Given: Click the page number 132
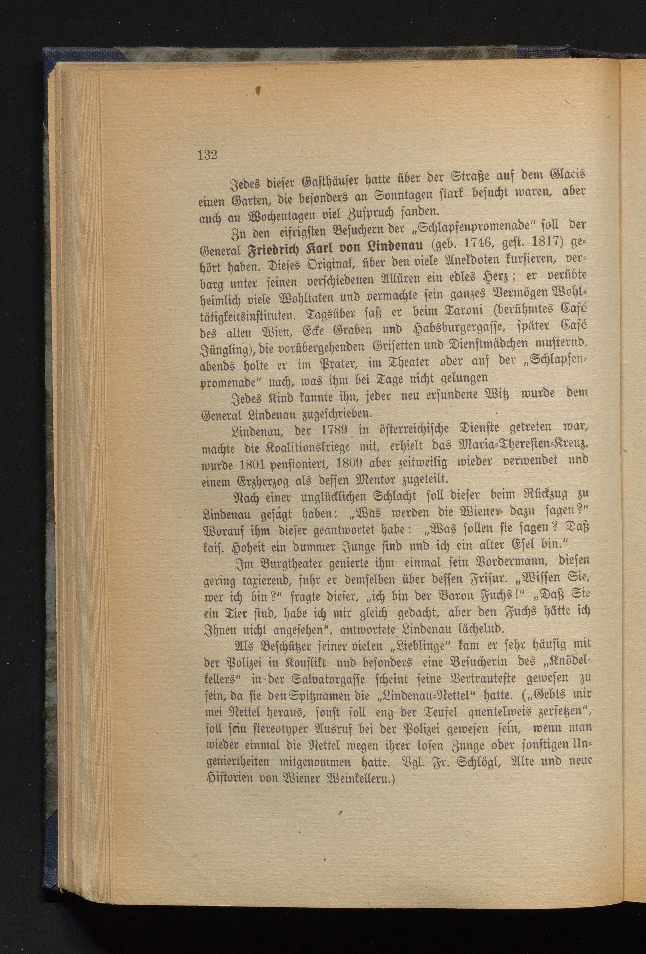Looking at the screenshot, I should [207, 156].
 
